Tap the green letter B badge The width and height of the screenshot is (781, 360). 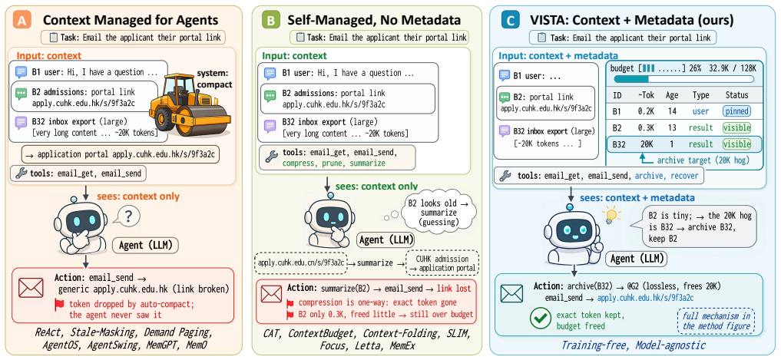click(270, 20)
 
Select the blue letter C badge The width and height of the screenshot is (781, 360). click(508, 20)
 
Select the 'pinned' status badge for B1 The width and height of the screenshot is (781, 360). click(736, 111)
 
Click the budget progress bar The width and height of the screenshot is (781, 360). click(683, 78)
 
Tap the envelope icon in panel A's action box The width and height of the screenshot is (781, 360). click(31, 288)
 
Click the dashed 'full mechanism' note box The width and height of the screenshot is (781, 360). click(716, 321)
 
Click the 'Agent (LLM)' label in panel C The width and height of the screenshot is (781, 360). click(636, 259)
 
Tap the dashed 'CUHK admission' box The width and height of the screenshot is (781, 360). click(443, 263)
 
